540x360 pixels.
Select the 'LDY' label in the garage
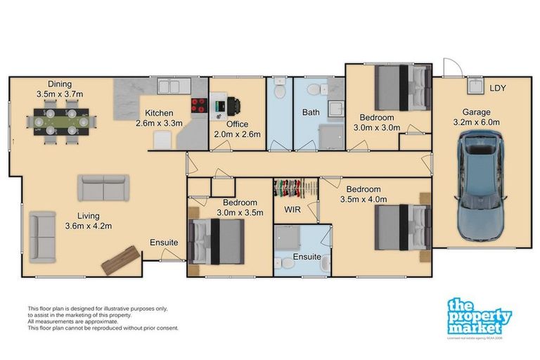tap(498, 88)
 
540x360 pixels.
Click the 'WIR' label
tap(292, 210)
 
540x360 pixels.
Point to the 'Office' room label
tap(236, 124)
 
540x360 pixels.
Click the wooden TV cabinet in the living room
tap(122, 259)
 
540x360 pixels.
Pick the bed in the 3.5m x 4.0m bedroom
tap(401, 226)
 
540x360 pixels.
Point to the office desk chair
tap(233, 105)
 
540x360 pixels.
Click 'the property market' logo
tap(479, 317)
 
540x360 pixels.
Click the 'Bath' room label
tap(311, 112)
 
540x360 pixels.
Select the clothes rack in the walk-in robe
tap(295, 189)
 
